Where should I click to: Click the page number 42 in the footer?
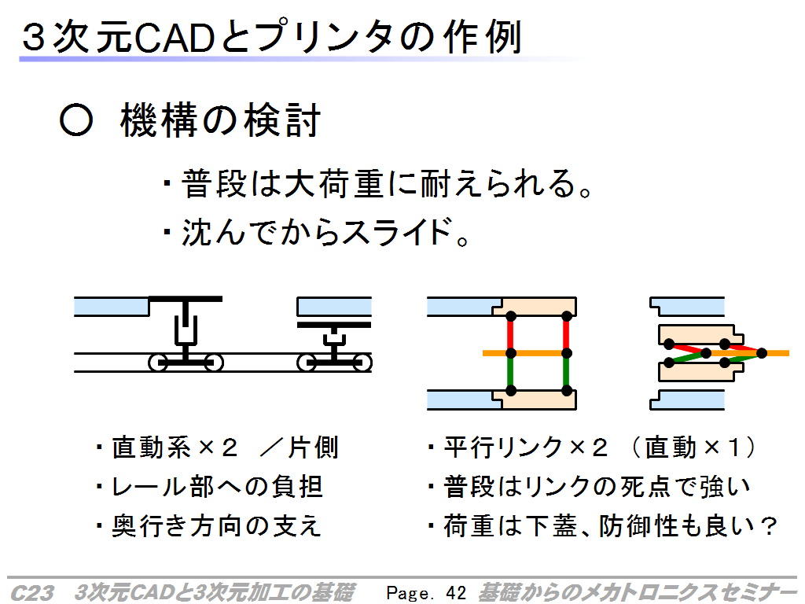[x=456, y=593]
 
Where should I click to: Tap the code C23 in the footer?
[x=31, y=593]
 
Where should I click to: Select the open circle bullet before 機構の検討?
[x=76, y=121]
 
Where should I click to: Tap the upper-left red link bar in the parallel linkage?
[x=511, y=334]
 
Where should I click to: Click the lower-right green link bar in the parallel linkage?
[x=567, y=372]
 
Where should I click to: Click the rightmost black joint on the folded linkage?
[x=762, y=353]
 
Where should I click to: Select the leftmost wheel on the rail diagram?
[x=157, y=363]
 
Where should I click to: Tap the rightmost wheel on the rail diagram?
[x=362, y=363]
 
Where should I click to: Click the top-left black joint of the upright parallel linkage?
[x=511, y=316]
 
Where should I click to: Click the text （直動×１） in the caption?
[x=693, y=447]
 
